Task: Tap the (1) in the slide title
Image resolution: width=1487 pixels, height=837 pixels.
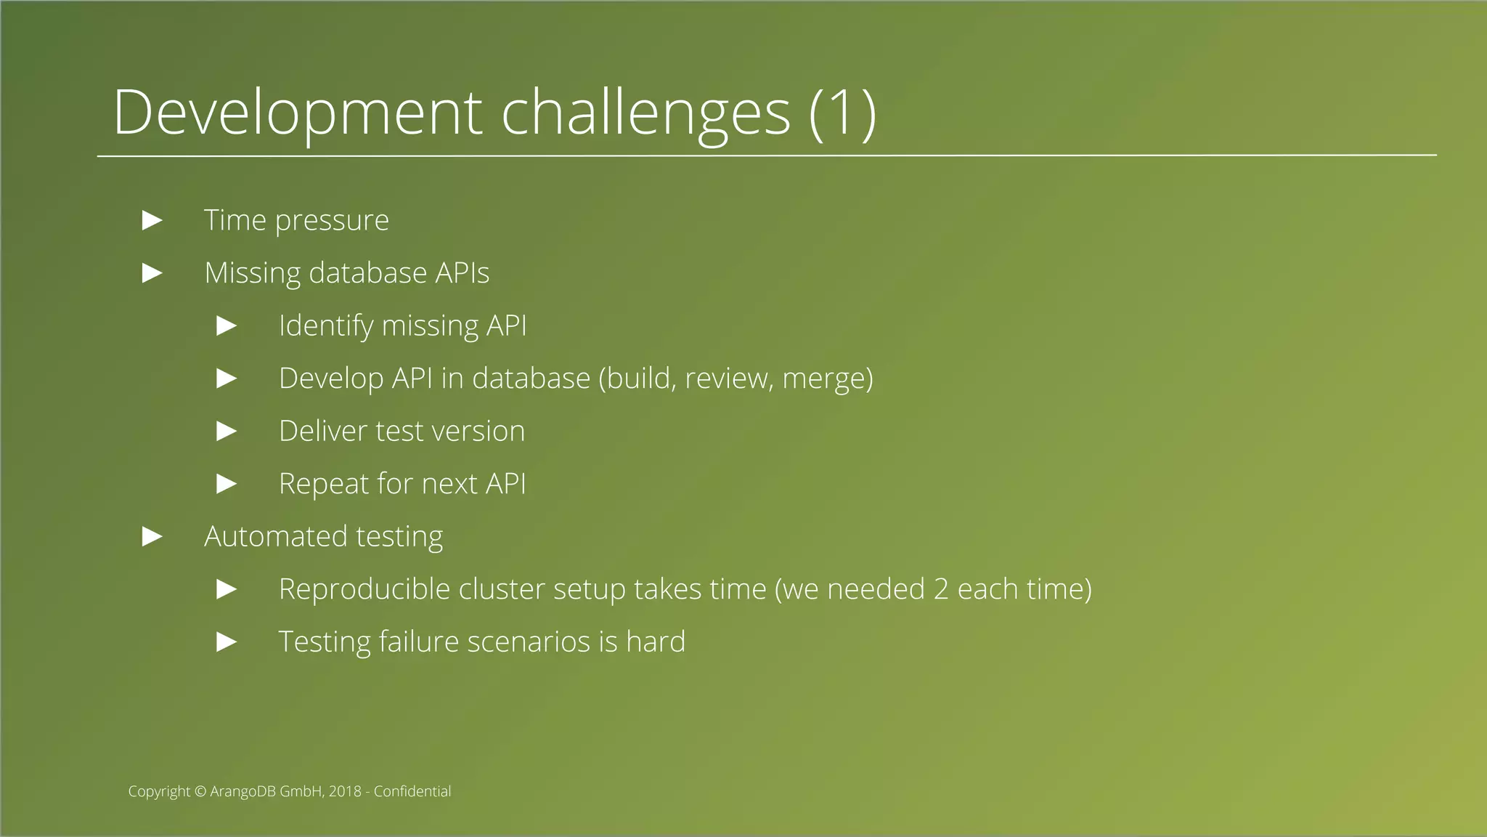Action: pos(843,113)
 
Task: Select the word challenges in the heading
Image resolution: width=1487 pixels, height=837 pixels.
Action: pos(645,113)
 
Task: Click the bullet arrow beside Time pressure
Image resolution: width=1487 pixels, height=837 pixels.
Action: pos(152,220)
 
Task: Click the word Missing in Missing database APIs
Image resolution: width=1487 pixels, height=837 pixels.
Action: pos(252,273)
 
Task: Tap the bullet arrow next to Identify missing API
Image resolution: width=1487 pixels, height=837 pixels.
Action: pos(227,325)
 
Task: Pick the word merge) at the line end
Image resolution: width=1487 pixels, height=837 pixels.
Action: pos(828,379)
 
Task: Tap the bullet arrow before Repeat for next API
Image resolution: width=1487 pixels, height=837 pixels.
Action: pos(227,484)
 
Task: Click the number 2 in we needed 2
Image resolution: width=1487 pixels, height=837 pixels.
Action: pos(941,589)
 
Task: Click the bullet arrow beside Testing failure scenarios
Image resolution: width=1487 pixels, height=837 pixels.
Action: pos(227,642)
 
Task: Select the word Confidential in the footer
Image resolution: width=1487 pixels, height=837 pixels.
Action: pos(412,791)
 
